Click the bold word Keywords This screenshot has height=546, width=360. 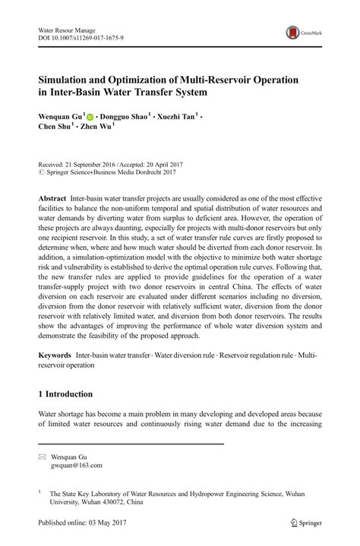(55, 355)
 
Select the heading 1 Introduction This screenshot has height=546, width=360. (65, 395)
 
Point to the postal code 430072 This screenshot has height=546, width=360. (113, 502)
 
